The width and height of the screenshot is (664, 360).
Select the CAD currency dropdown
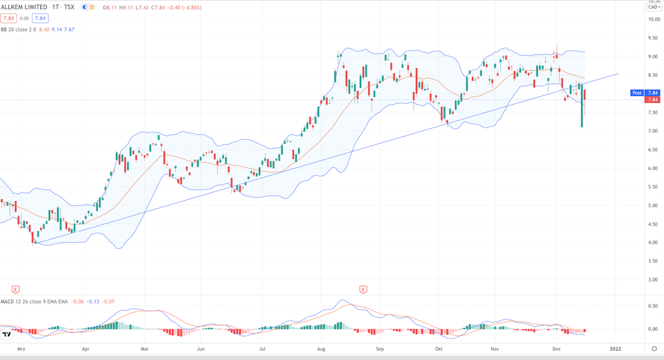pos(653,7)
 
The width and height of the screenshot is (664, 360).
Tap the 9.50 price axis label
pos(653,37)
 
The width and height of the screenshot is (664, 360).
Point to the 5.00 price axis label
pos(653,205)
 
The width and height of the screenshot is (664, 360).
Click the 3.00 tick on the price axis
pos(653,280)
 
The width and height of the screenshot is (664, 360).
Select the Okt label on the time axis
pos(439,349)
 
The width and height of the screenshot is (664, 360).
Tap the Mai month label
pos(144,349)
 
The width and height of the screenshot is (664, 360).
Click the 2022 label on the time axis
pos(615,349)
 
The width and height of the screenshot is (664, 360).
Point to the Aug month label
pos(321,349)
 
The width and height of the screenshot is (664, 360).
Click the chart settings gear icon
pos(653,349)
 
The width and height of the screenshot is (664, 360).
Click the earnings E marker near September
pos(363,289)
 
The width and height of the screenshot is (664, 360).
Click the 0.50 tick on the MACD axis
pos(653,306)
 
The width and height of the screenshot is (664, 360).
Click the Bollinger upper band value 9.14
pos(56,29)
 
